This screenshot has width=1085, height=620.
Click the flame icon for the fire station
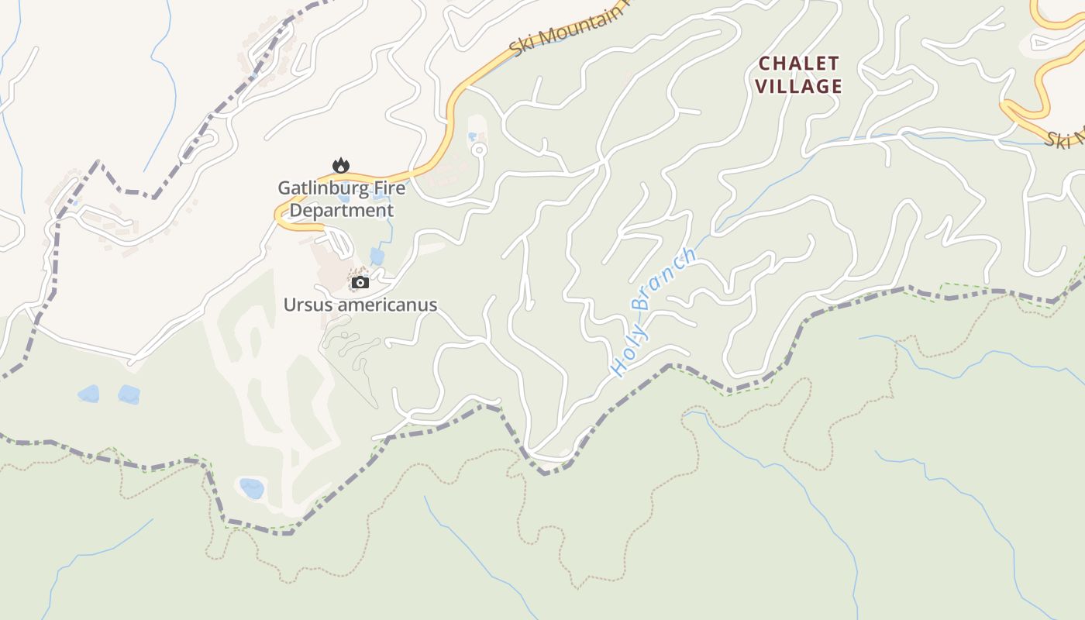point(340,165)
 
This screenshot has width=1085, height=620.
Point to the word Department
point(342,210)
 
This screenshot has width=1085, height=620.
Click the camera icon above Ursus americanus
point(360,283)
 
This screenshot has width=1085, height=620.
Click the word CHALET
point(798,64)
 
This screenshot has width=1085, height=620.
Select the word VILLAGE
point(798,86)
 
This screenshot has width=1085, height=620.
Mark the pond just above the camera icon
point(377,256)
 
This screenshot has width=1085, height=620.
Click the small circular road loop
point(479,150)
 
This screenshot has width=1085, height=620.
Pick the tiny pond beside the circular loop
point(472,137)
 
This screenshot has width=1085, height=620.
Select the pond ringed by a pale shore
point(251,488)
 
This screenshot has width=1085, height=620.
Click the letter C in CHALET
point(764,64)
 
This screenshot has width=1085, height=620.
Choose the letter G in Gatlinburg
point(284,188)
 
